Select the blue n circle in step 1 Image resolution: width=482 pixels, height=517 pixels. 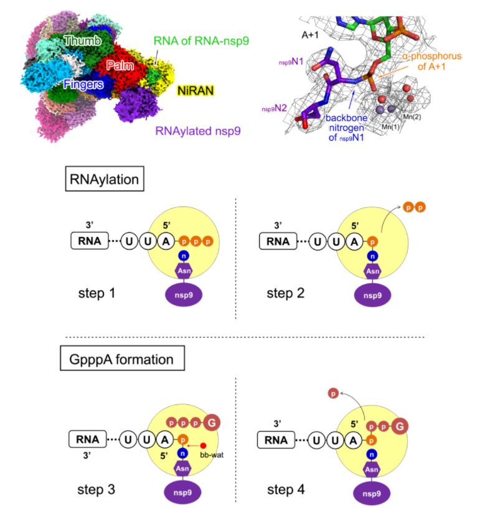183,255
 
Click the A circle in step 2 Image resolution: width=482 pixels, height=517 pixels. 354,241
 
